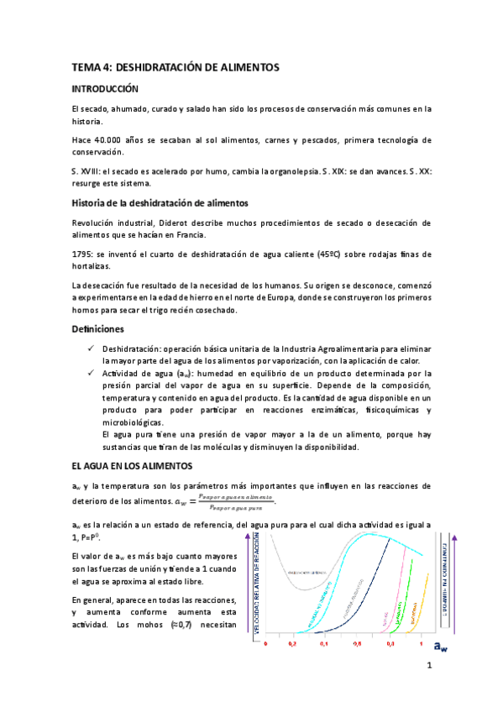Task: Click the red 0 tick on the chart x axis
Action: (265, 644)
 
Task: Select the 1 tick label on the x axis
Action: (420, 644)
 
